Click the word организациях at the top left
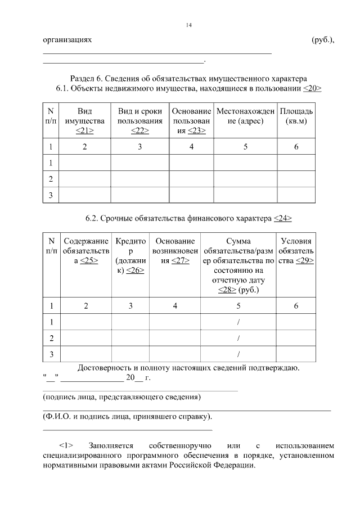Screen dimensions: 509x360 click(x=66, y=40)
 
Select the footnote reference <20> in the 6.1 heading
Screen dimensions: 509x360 click(x=312, y=89)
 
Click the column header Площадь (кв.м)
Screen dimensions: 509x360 click(x=296, y=116)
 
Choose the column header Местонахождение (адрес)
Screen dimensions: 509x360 click(x=245, y=116)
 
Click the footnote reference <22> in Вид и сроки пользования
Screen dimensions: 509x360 click(x=139, y=130)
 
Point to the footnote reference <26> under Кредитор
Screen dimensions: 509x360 click(x=135, y=271)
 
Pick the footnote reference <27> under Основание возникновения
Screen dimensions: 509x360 click(x=181, y=261)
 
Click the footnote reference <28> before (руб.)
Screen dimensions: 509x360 click(x=227, y=290)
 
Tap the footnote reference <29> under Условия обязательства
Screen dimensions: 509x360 click(x=304, y=261)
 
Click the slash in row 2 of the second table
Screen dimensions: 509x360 click(x=238, y=338)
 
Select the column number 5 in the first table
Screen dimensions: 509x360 click(x=245, y=147)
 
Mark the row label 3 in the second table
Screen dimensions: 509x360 click(x=51, y=354)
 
